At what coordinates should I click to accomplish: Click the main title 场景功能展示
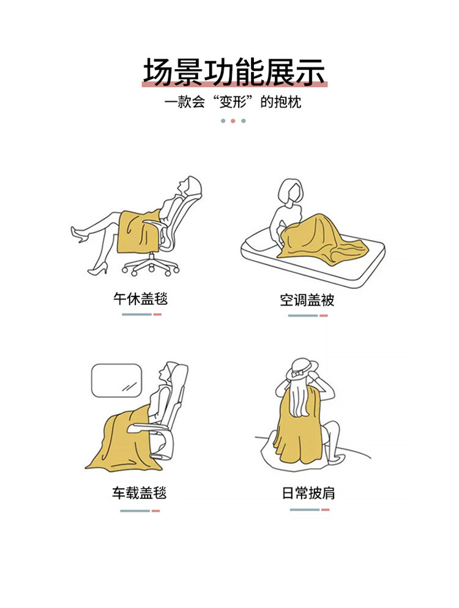click(x=233, y=72)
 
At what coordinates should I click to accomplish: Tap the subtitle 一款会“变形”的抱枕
click(x=233, y=102)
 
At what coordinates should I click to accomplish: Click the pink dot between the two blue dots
click(x=233, y=121)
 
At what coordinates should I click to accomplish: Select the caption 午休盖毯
click(x=140, y=299)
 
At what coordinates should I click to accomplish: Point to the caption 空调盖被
click(x=307, y=300)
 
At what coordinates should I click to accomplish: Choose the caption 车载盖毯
click(x=140, y=493)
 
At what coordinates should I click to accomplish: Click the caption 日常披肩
click(x=308, y=494)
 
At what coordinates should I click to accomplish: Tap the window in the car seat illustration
click(x=116, y=380)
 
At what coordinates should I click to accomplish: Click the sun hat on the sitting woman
click(x=302, y=369)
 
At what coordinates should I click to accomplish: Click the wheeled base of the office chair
click(x=151, y=266)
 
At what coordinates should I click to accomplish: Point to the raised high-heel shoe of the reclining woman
click(x=79, y=234)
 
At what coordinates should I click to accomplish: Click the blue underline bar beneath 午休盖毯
click(x=137, y=315)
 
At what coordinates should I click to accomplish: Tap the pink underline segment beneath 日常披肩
click(x=325, y=509)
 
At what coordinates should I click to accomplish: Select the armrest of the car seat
click(x=149, y=428)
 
